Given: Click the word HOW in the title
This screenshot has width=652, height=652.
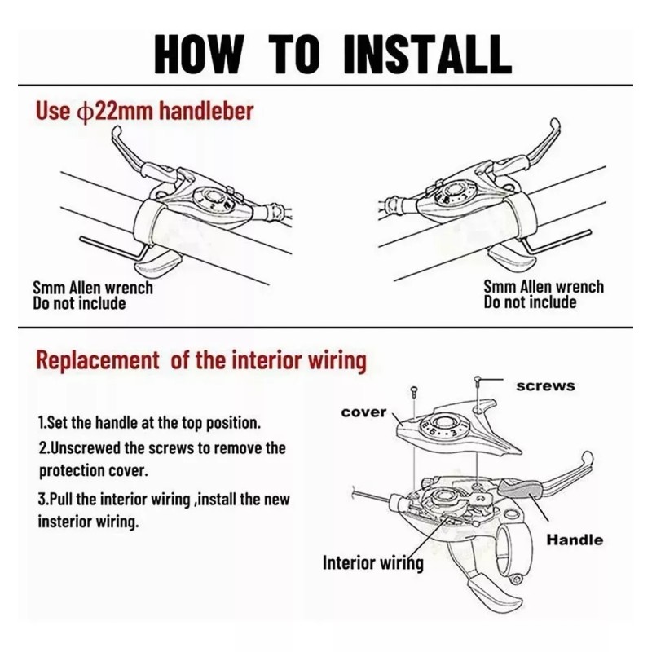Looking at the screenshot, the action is tap(199, 54).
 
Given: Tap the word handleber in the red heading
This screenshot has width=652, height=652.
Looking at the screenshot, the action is tap(207, 111).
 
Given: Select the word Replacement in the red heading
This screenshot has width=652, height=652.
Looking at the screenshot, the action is tap(97, 360).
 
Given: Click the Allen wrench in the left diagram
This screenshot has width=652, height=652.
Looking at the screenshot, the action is tap(112, 249).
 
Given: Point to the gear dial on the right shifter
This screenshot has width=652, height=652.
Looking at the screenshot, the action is tap(453, 192).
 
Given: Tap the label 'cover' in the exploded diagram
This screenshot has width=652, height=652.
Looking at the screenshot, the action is tap(363, 412).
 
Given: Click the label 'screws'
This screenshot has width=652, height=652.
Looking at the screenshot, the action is tap(545, 385).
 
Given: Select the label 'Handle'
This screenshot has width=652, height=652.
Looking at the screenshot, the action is tap(575, 540).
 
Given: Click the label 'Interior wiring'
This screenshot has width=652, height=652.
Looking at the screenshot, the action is tap(373, 563).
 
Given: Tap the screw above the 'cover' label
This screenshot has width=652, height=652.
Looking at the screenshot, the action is tap(414, 392).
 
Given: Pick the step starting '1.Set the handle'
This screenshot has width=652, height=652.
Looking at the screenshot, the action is tap(149, 423).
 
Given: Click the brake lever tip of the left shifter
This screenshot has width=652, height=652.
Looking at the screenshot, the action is tap(117, 134).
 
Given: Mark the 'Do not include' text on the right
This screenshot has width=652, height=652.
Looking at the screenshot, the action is tap(531, 302).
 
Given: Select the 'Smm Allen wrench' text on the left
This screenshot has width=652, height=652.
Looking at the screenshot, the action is tap(93, 288).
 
